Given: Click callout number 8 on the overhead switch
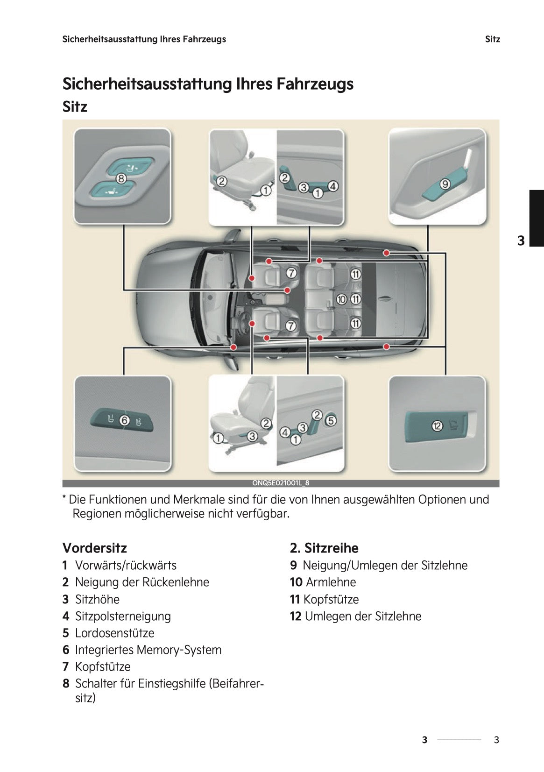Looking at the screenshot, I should pyautogui.click(x=121, y=178).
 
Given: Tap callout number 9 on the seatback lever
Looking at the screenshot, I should pyautogui.click(x=445, y=184).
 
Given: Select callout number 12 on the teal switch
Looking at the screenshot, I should pyautogui.click(x=437, y=425).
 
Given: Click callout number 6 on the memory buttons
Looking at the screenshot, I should pyautogui.click(x=124, y=420).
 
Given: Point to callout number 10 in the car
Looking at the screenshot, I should pyautogui.click(x=342, y=299).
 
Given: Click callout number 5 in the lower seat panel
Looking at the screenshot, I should pyautogui.click(x=331, y=420).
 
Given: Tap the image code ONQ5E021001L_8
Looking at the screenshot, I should pyautogui.click(x=281, y=483).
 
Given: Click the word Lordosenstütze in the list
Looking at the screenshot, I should pyautogui.click(x=114, y=633).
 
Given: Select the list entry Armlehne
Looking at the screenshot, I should pyautogui.click(x=331, y=582).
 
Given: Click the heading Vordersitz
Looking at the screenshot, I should pyautogui.click(x=95, y=548).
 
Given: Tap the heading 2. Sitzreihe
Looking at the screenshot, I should pyautogui.click(x=324, y=548).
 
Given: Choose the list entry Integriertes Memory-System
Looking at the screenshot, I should pyautogui.click(x=148, y=650).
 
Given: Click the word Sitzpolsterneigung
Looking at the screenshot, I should pyautogui.click(x=123, y=616).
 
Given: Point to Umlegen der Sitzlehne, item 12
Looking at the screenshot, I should pyautogui.click(x=362, y=616).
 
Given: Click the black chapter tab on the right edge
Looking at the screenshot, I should pyautogui.click(x=537, y=218).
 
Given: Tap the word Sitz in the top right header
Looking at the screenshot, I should pyautogui.click(x=492, y=39).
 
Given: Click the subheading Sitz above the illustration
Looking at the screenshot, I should pyautogui.click(x=75, y=107).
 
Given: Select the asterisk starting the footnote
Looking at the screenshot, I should pyautogui.click(x=64, y=498).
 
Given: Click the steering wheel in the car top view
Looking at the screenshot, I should pyautogui.click(x=243, y=322).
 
